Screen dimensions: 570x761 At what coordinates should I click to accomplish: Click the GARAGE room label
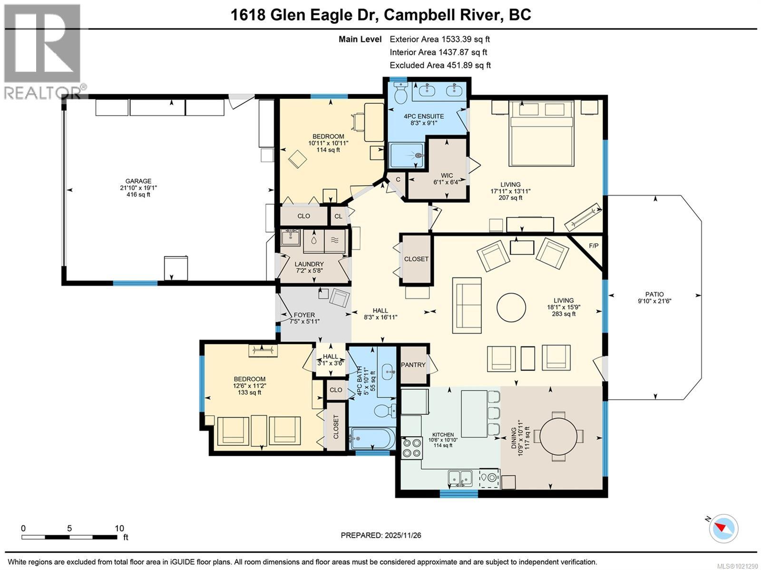point(138,181)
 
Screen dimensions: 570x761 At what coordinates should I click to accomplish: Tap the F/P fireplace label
point(594,246)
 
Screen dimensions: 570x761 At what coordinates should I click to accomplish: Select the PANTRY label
point(413,365)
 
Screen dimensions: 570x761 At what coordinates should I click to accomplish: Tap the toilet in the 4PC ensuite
point(400,93)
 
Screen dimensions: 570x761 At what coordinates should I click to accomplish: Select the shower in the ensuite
point(407,155)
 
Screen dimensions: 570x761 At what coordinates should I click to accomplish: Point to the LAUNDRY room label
point(309,264)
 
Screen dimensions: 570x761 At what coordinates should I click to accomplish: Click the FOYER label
point(304,315)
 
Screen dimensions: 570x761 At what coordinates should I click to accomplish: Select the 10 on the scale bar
point(119,528)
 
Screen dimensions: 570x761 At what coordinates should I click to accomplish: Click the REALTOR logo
point(43,50)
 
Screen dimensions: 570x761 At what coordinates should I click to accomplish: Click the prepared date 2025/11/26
point(380,535)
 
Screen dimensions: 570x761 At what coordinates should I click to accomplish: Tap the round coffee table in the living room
point(511,307)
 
